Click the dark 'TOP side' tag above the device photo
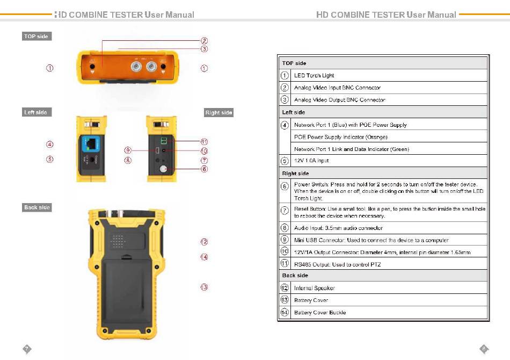pos(37,37)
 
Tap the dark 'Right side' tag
pos(218,112)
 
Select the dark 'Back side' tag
pos(37,207)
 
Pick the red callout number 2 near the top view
pos(204,40)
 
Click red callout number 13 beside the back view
pos(204,287)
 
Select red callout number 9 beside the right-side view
pos(128,150)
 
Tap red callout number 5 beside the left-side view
pos(49,159)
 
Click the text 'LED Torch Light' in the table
pos(314,76)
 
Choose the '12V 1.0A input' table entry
pos(311,161)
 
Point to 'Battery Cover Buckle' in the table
pos(320,312)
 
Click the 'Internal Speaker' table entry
pos(315,288)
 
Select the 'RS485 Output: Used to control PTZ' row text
pos(338,264)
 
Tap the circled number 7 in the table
pos(285,210)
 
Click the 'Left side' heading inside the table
pos(294,112)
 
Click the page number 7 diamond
pos(26,349)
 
